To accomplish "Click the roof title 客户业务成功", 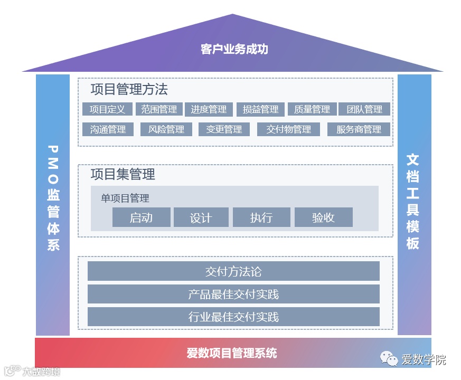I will click(x=234, y=49).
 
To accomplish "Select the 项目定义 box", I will click(x=107, y=109).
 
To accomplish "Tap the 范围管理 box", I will click(x=159, y=109).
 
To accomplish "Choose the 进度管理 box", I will click(x=209, y=109).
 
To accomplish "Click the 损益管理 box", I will click(x=260, y=109).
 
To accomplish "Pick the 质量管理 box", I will click(x=312, y=109).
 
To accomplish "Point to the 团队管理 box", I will click(x=364, y=109).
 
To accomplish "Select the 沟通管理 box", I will click(x=108, y=129).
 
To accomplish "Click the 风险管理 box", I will click(x=166, y=129).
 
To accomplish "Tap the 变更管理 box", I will click(x=224, y=129).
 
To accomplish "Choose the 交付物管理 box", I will click(x=288, y=129).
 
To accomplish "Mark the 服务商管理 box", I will click(x=359, y=129).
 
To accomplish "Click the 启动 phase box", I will click(x=141, y=217).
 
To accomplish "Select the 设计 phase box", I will click(x=201, y=217).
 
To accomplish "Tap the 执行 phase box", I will click(x=261, y=217).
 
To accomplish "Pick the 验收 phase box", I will click(x=323, y=217).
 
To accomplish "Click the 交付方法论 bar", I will click(x=233, y=271).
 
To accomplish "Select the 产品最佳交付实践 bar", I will click(x=233, y=294).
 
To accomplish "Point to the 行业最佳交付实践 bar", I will click(x=233, y=317).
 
